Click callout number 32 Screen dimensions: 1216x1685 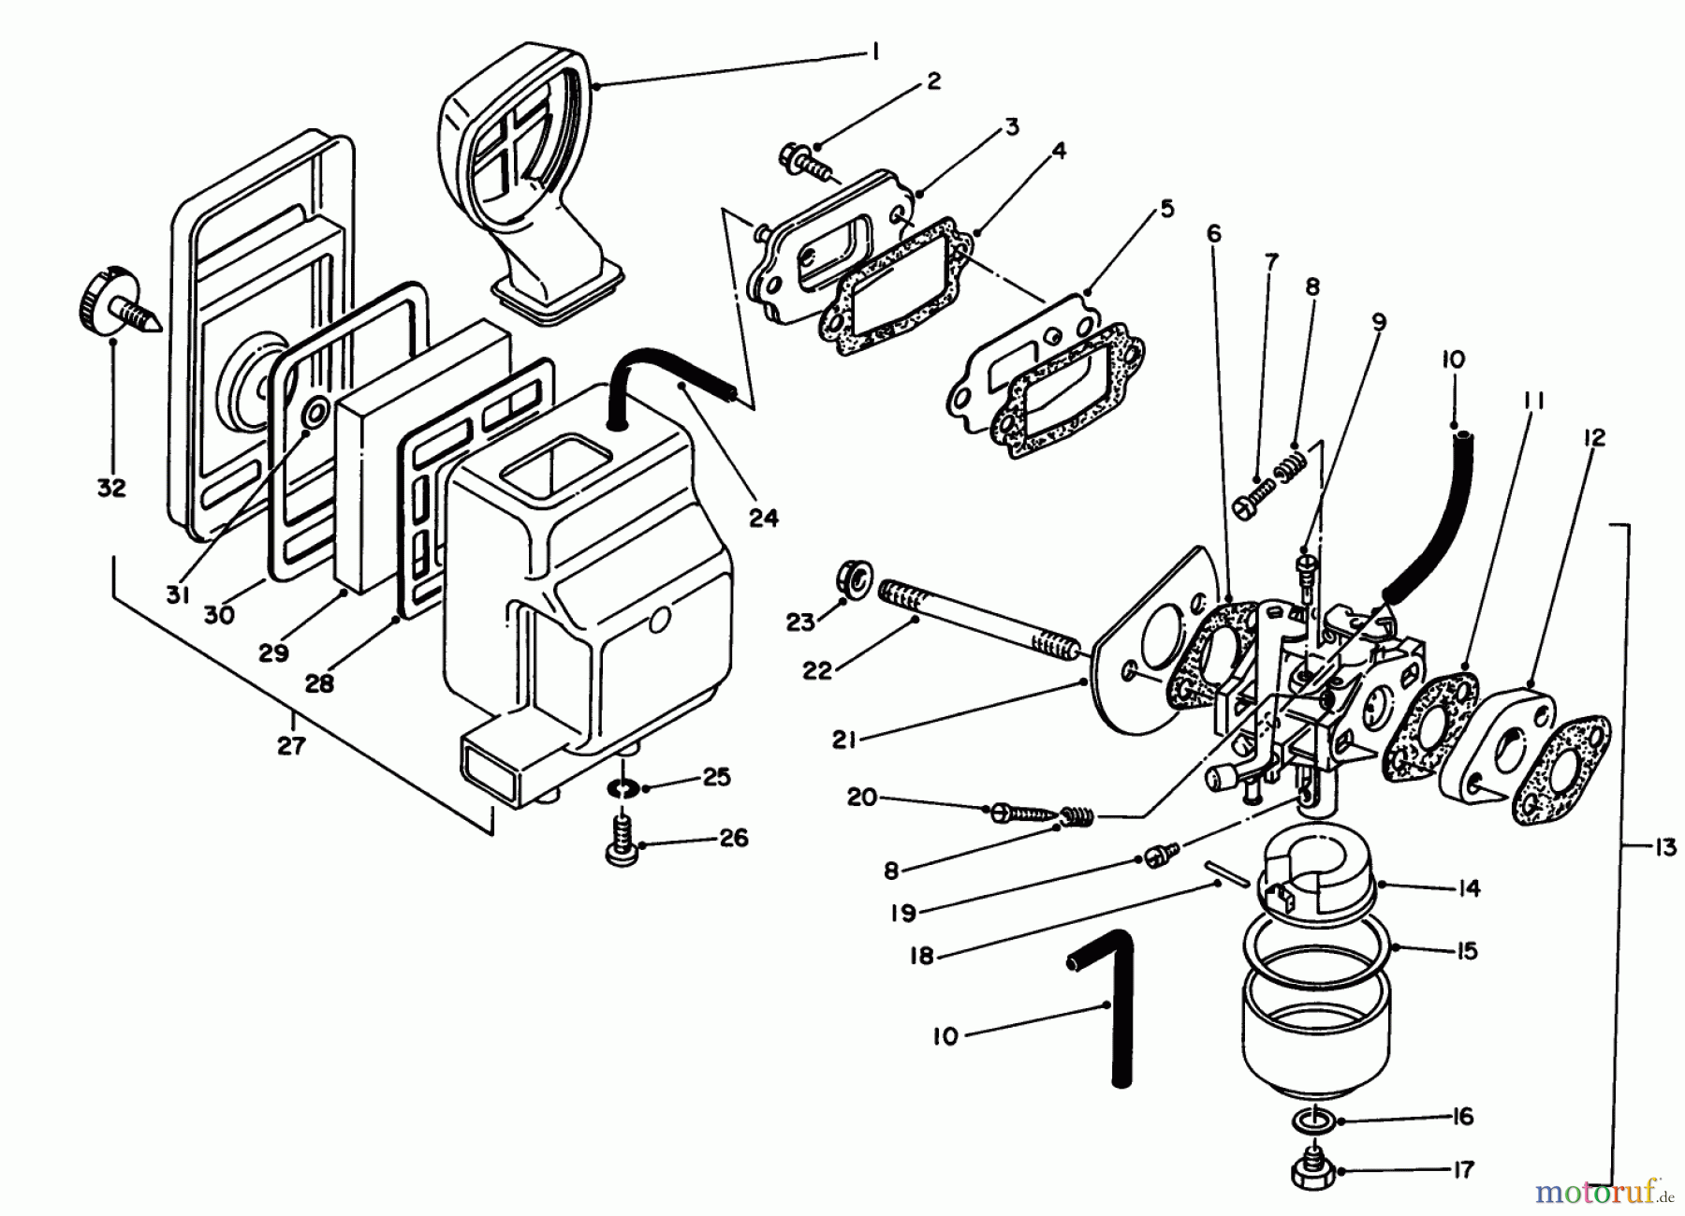(x=111, y=487)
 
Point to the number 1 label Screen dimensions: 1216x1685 (x=874, y=53)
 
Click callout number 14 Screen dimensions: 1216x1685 (x=1469, y=887)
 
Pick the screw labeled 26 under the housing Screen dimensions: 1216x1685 (x=621, y=839)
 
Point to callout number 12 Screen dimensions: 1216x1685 (x=1593, y=437)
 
